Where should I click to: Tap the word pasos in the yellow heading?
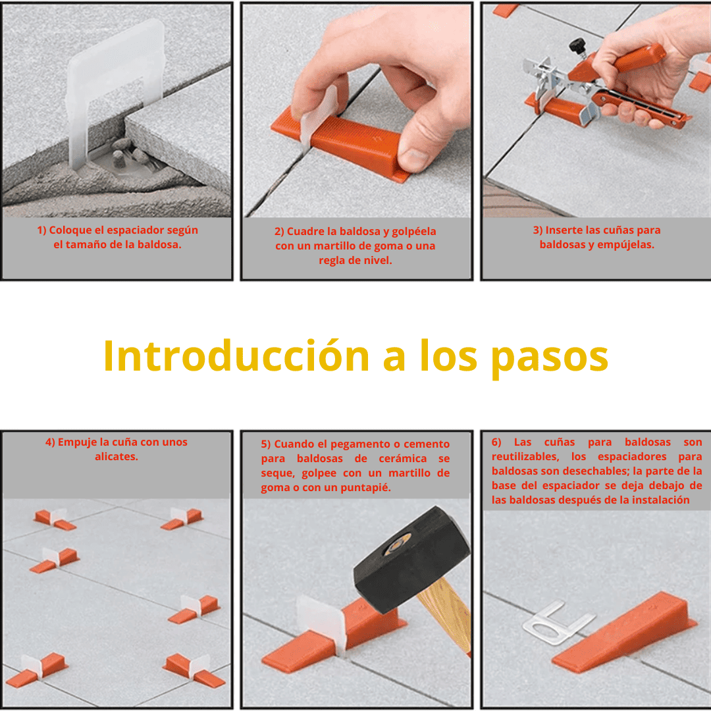click(550, 357)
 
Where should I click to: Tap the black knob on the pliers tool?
click(577, 45)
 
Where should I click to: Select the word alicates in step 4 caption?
click(117, 456)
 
